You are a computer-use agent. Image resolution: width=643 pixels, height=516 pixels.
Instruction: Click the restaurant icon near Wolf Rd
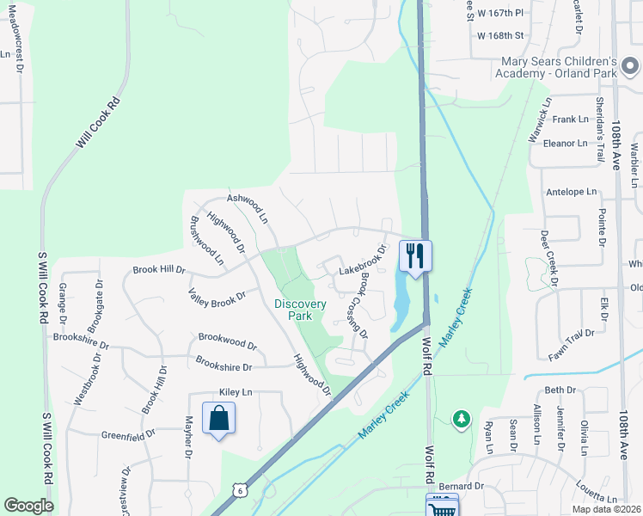[x=415, y=255]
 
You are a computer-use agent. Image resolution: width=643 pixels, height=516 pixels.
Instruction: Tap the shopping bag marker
[x=219, y=419]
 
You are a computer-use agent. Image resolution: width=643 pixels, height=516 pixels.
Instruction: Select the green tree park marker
[x=462, y=419]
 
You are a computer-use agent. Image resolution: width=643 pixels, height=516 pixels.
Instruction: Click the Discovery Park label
[x=299, y=310]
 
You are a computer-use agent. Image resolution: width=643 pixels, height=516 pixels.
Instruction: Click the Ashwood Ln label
[x=248, y=207]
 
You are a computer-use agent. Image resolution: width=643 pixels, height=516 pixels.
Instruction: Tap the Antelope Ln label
[x=571, y=191]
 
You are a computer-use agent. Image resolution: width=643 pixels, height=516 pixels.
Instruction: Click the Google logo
[x=28, y=506]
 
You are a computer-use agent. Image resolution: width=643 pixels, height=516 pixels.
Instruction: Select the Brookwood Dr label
[x=228, y=341]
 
